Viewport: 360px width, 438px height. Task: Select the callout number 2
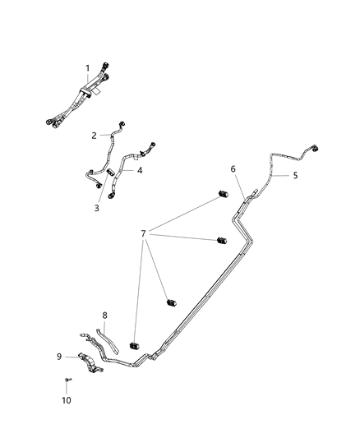coord(95,135)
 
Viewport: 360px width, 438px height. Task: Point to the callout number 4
coord(140,170)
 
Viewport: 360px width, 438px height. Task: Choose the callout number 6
coord(233,168)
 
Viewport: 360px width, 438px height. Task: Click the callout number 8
coord(105,315)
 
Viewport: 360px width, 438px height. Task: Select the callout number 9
coord(59,356)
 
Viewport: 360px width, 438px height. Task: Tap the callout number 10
coord(67,400)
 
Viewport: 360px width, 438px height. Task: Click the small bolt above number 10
coord(67,379)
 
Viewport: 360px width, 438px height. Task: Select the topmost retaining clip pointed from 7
coord(221,195)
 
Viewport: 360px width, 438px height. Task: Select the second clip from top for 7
coord(220,241)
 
